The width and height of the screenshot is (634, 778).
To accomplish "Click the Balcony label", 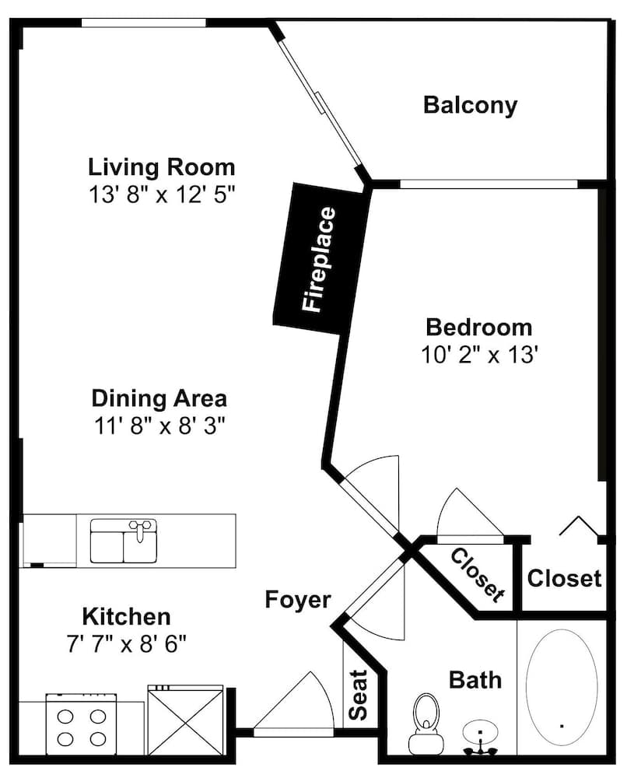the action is [470, 106].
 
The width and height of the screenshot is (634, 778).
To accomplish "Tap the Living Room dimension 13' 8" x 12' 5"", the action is [161, 194].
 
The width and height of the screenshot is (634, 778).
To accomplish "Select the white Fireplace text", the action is [319, 260].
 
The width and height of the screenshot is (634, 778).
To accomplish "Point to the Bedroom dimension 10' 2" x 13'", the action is [479, 354].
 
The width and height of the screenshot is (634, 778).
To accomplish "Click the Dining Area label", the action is [159, 398].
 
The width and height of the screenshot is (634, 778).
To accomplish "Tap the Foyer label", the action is [298, 599].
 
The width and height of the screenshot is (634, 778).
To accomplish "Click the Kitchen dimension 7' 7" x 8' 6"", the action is [126, 644].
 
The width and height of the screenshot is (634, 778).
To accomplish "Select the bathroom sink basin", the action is [480, 732].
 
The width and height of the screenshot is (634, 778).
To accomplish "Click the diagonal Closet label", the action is [478, 575].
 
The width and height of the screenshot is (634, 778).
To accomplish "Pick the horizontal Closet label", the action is [564, 578].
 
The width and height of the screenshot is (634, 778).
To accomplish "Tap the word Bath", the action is [475, 679].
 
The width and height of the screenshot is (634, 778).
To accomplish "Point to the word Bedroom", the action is [479, 328].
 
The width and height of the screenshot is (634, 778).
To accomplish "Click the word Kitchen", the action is [127, 617].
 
